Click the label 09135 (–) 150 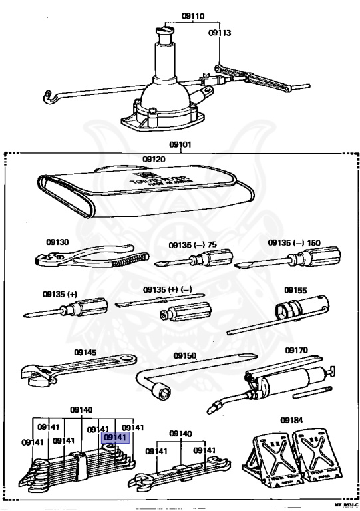295,243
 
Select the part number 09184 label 291,420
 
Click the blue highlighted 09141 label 115,437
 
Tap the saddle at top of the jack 166,30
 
